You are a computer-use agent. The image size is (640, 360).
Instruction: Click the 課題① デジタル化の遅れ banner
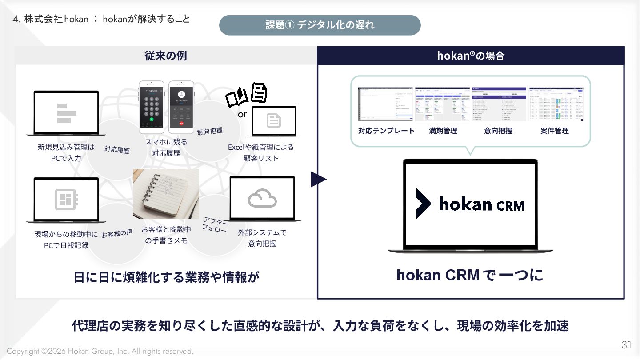[x=320, y=25]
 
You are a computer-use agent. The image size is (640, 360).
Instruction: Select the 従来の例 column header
[x=165, y=56]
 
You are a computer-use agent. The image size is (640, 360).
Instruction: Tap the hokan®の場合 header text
[x=470, y=56]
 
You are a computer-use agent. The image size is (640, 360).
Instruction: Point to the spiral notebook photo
[x=166, y=194]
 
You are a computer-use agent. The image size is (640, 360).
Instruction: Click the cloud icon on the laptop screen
[x=262, y=199]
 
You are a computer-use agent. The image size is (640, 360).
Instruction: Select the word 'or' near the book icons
[x=242, y=114]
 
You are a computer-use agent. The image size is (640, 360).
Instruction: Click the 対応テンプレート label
[x=386, y=131]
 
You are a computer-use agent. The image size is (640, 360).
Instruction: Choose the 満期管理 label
[x=443, y=131]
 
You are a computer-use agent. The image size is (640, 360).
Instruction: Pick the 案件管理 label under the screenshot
[x=554, y=131]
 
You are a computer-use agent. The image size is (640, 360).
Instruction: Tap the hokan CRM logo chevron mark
[x=423, y=204]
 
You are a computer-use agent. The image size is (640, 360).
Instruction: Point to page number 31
[x=626, y=345]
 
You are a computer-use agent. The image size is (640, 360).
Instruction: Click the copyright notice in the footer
[x=100, y=351]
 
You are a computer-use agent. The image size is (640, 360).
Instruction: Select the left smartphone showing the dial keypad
[x=152, y=107]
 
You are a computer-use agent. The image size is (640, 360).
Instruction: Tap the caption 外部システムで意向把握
[x=262, y=238]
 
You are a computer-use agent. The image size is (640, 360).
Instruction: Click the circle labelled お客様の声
[x=117, y=233]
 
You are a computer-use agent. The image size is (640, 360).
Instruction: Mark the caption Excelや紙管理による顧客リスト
[x=261, y=152]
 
